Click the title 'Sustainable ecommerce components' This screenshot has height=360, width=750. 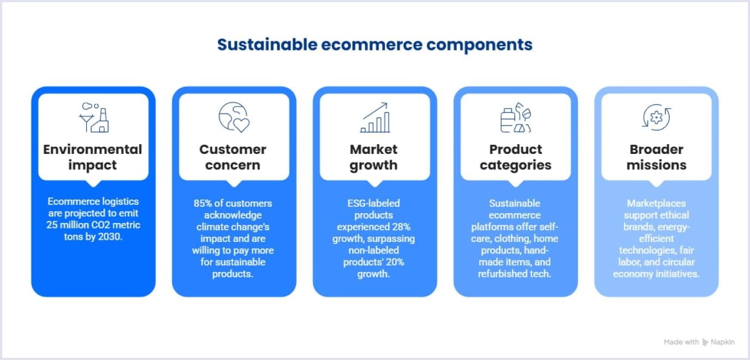click(x=374, y=45)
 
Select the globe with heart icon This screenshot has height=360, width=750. click(x=234, y=117)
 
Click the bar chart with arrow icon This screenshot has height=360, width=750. click(x=375, y=117)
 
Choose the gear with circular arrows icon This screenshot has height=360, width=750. click(x=656, y=117)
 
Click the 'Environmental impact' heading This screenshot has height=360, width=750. click(x=93, y=157)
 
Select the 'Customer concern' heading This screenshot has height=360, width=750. click(x=233, y=157)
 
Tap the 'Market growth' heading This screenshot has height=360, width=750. click(x=374, y=157)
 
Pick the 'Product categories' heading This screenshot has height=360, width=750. click(x=515, y=157)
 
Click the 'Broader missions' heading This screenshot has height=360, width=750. click(x=656, y=157)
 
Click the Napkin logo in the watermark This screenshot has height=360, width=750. click(x=705, y=342)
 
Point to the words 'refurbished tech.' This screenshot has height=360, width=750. click(x=515, y=274)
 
